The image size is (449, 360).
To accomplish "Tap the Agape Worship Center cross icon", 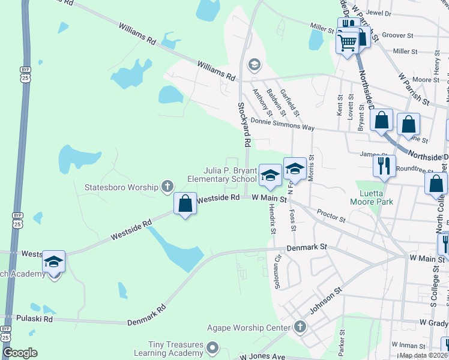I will (x=300, y=327).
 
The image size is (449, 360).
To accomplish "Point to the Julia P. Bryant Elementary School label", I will (x=221, y=175).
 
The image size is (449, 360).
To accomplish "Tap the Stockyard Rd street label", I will (x=244, y=124).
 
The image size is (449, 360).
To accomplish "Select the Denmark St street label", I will (x=306, y=247).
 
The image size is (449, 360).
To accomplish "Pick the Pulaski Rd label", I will (x=35, y=319).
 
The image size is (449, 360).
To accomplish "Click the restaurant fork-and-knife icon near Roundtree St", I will (x=384, y=165).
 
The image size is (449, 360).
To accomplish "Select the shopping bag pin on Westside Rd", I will (x=185, y=204).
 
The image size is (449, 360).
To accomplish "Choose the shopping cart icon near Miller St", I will (x=347, y=42).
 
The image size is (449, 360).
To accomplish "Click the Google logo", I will (x=20, y=353).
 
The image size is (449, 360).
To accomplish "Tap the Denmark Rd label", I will (x=146, y=317).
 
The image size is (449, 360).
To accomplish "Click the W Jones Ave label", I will (x=262, y=356).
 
